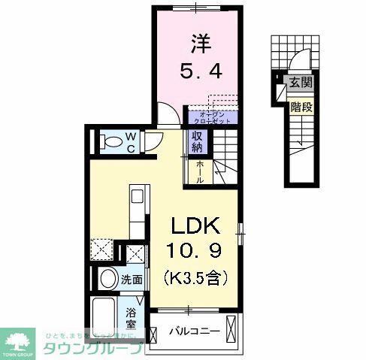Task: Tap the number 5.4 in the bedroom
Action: tap(198, 74)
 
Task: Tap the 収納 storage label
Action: tap(197, 141)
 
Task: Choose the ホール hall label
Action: tap(200, 173)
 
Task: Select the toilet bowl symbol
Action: tap(110, 141)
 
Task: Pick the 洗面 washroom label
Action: tap(134, 278)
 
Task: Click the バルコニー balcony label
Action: tap(194, 331)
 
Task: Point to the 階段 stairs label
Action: tap(301, 107)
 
